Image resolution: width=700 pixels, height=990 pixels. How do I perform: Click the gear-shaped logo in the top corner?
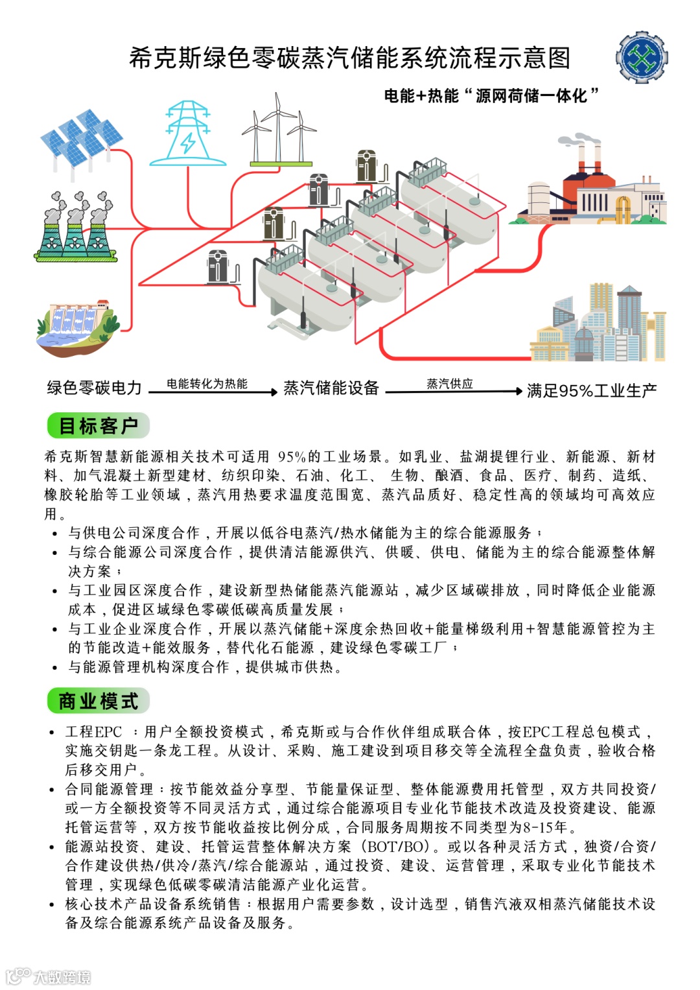pyautogui.click(x=641, y=57)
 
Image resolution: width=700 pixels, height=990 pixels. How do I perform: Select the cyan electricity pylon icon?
pyautogui.click(x=188, y=134)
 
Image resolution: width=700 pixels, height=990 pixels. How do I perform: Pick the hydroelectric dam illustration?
pyautogui.click(x=77, y=327)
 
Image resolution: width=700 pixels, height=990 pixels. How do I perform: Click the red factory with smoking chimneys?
pyautogui.click(x=592, y=185)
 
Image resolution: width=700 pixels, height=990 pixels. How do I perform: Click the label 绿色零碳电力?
pyautogui.click(x=94, y=388)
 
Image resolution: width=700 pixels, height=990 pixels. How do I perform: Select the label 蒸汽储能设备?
pyautogui.click(x=331, y=388)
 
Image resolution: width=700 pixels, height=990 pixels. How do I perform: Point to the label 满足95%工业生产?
pyautogui.click(x=591, y=390)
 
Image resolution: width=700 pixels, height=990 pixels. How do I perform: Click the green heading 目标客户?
pyautogui.click(x=98, y=426)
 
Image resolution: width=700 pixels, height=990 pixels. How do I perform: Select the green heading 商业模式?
pyautogui.click(x=98, y=701)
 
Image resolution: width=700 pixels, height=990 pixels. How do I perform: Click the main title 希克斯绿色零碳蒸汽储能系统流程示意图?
pyautogui.click(x=349, y=58)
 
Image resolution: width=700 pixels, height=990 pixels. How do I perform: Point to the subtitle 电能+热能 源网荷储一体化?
pyautogui.click(x=491, y=96)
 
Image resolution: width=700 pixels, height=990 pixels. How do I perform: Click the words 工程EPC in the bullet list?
pyautogui.click(x=93, y=732)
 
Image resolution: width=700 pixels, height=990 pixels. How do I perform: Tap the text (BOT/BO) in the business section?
pyautogui.click(x=397, y=847)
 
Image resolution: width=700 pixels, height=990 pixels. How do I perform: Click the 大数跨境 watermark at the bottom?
pyautogui.click(x=49, y=976)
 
